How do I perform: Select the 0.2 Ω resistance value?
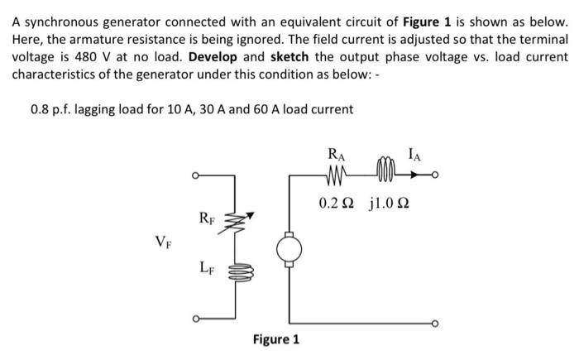pyautogui.click(x=337, y=202)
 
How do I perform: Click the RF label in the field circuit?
pyautogui.click(x=208, y=218)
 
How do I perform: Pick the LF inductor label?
pyautogui.click(x=208, y=266)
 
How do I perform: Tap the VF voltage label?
pyautogui.click(x=164, y=242)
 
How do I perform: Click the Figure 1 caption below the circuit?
pyautogui.click(x=276, y=339)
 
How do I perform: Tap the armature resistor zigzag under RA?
pyautogui.click(x=337, y=175)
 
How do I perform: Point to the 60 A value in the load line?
pyautogui.click(x=270, y=109)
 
